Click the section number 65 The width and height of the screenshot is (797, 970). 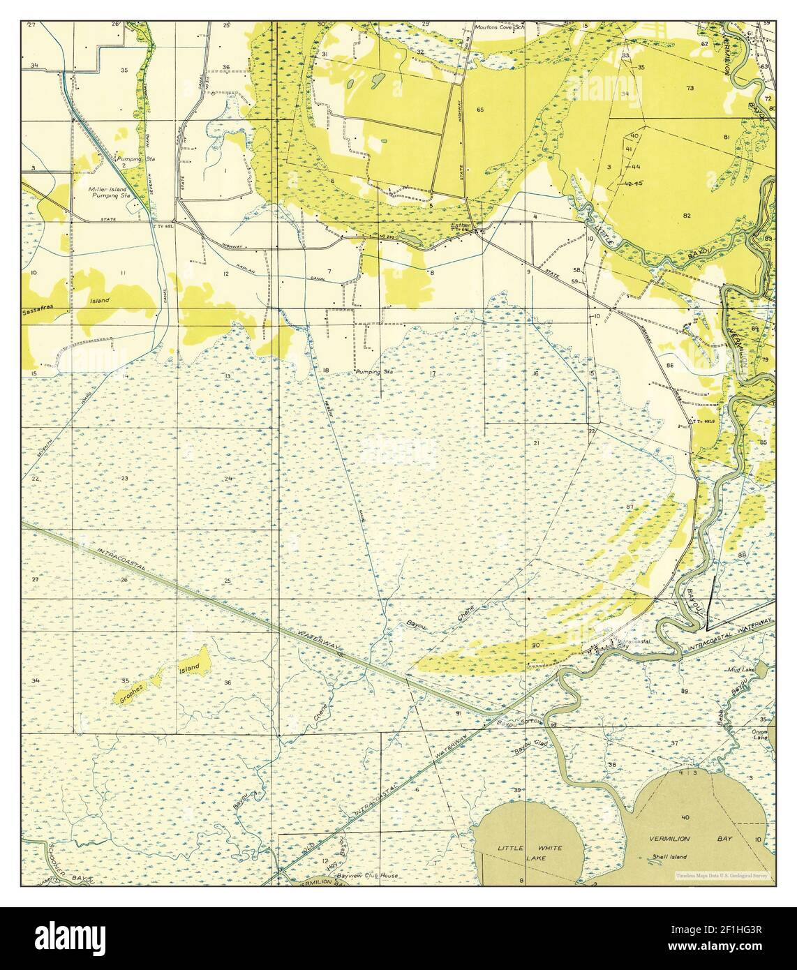point(480,110)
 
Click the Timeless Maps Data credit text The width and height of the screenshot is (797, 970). point(722,875)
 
